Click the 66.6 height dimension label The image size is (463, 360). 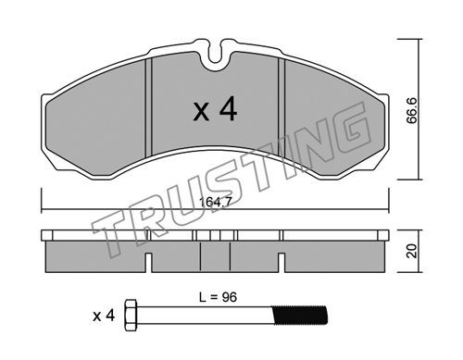click(412, 110)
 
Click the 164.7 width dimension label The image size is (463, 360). click(215, 203)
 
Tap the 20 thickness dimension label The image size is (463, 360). click(412, 251)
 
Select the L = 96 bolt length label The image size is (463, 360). click(218, 297)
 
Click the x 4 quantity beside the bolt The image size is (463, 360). click(104, 316)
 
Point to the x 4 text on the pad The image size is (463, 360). click(215, 109)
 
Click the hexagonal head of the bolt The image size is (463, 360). click(131, 315)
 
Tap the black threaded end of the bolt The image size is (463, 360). click(299, 316)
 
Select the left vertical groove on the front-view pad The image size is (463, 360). click(149, 107)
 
